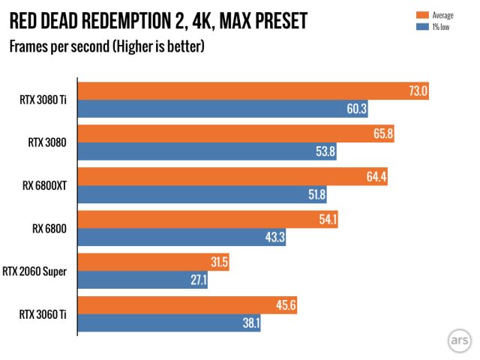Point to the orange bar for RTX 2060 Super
[x=154, y=262]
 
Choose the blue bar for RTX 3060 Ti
[x=169, y=322]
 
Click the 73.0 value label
[x=418, y=91]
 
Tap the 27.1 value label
[x=199, y=280]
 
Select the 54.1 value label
[x=328, y=220]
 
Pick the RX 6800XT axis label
[x=47, y=186]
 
